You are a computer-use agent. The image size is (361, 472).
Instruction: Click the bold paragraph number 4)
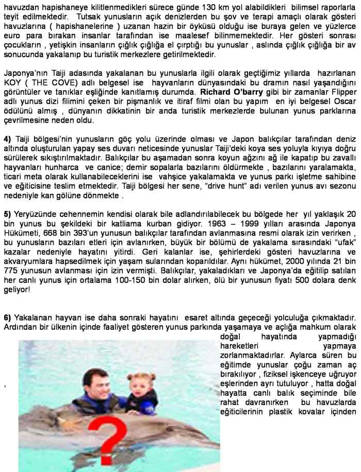tap(7, 139)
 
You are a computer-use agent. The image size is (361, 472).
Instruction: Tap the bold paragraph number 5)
tap(7, 213)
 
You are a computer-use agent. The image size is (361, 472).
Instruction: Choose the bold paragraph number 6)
tap(7, 316)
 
